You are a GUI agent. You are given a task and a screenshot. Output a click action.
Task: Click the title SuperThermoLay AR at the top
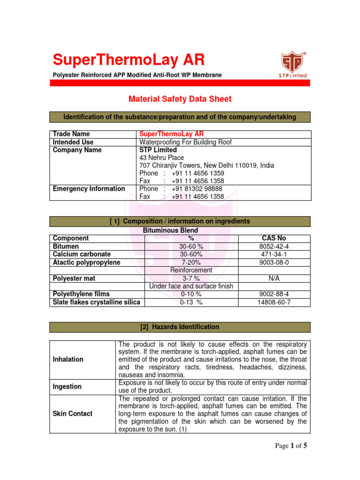tap(128, 60)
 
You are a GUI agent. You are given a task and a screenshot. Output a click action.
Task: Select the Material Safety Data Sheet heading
tap(180, 99)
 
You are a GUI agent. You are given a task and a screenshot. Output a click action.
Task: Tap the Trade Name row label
tap(72, 134)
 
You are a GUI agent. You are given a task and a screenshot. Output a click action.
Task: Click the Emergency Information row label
tap(89, 189)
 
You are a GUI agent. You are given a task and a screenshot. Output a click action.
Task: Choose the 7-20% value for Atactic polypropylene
tap(191, 262)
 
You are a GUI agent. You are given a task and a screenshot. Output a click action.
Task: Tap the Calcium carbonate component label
tap(82, 255)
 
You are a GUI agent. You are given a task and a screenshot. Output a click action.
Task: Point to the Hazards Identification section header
tap(180, 327)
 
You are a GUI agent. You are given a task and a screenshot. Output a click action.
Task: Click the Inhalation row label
tap(68, 359)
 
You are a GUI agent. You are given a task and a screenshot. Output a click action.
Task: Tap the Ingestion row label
tap(67, 387)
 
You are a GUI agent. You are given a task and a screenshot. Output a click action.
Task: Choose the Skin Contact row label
tap(73, 414)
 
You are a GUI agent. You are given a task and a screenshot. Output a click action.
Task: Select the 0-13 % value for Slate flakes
tap(191, 302)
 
